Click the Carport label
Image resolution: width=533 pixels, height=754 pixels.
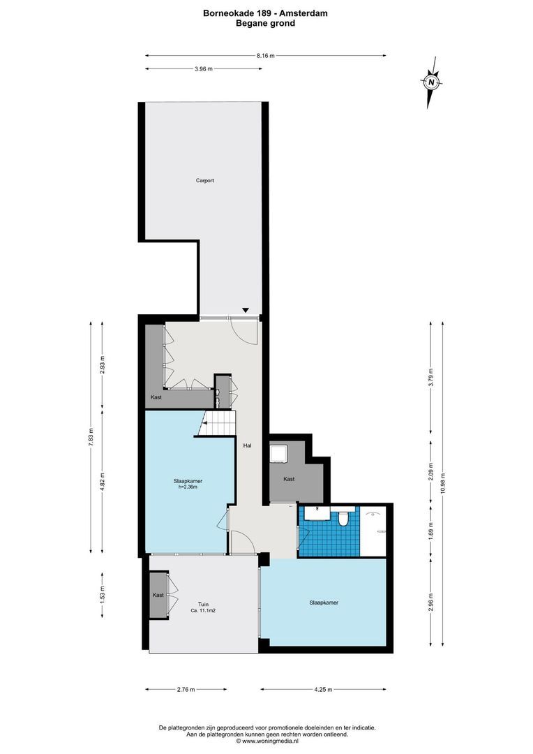[204, 180]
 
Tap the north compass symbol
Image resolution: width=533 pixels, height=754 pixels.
[432, 82]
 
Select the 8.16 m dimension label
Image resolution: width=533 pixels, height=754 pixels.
[265, 55]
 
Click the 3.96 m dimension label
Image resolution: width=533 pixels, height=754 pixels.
[204, 68]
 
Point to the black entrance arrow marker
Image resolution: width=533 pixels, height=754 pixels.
[245, 310]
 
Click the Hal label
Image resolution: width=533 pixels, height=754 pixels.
[247, 445]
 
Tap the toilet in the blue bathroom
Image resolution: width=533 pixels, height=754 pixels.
[343, 519]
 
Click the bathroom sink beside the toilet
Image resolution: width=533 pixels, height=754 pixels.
[318, 512]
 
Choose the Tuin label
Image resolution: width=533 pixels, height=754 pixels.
[203, 604]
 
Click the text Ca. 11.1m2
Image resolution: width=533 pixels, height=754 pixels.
[203, 611]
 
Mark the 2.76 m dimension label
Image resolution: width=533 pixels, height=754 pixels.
[186, 689]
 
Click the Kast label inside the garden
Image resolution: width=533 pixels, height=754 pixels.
[158, 595]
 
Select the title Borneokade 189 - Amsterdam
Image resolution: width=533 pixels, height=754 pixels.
[265, 13]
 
